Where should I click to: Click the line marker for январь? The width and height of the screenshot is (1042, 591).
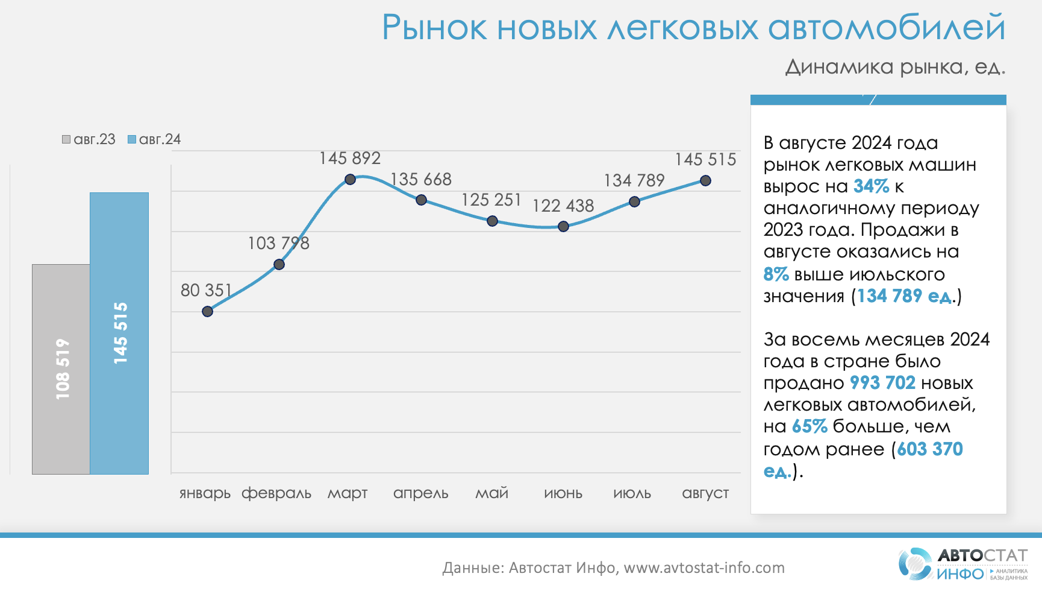(x=207, y=311)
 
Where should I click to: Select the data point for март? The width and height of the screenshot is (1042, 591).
(x=350, y=179)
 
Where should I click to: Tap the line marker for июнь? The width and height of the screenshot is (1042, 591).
(x=563, y=227)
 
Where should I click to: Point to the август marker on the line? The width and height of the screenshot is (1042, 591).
(x=705, y=180)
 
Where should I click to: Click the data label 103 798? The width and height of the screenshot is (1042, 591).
(x=278, y=243)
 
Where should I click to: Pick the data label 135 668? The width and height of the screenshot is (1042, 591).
(x=421, y=179)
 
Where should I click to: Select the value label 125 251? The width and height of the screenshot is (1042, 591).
(x=491, y=200)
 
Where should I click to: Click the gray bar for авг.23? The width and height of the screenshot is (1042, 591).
(x=61, y=368)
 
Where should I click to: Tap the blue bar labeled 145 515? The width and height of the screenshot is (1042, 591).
(x=119, y=333)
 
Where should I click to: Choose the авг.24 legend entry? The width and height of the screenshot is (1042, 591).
(x=154, y=139)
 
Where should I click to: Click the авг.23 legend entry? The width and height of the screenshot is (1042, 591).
(x=89, y=139)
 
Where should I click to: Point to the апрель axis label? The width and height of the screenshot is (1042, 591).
(x=420, y=493)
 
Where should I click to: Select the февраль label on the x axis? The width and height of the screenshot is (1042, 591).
(x=276, y=493)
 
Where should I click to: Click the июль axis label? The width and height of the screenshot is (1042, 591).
(x=632, y=493)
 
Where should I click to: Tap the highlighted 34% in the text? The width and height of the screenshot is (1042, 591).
(x=871, y=186)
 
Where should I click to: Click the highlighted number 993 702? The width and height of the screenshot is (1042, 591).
(x=882, y=383)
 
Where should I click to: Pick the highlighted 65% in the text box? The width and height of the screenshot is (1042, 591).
(x=810, y=426)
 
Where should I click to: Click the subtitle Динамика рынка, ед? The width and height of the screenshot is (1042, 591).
(x=895, y=67)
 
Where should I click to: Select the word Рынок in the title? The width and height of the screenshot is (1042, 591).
(x=434, y=28)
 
